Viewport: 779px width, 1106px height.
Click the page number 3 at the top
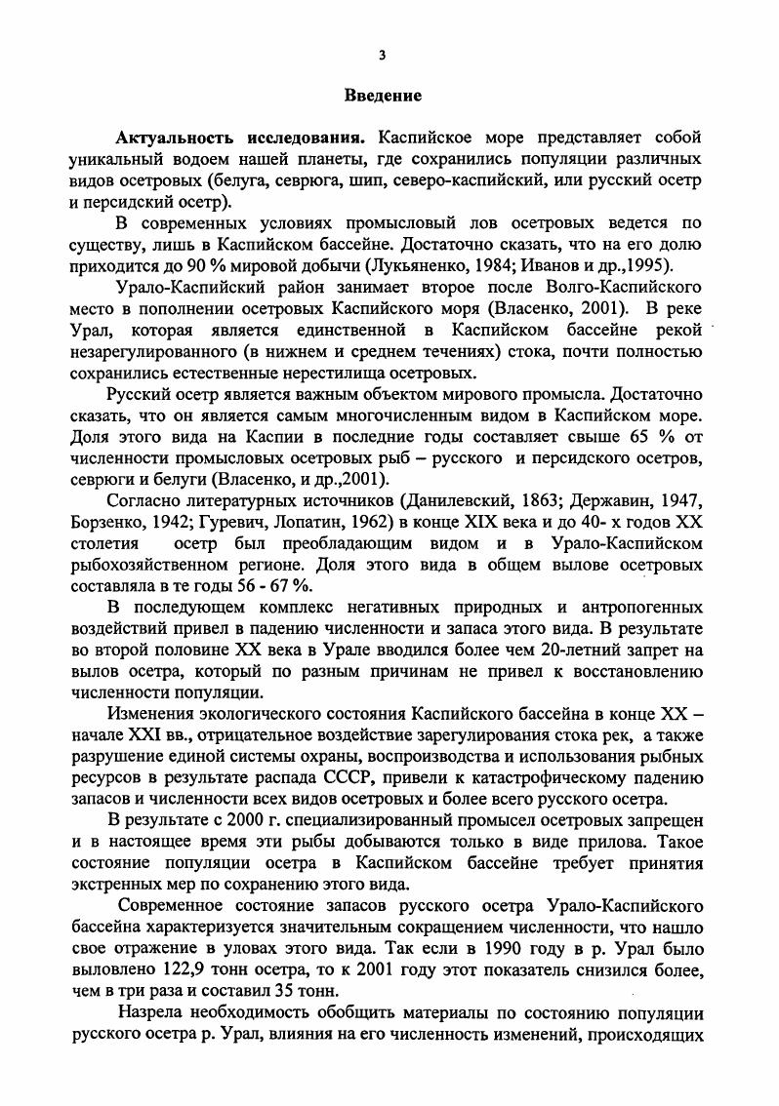pyautogui.click(x=383, y=55)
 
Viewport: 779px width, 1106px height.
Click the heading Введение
pyautogui.click(x=383, y=96)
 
